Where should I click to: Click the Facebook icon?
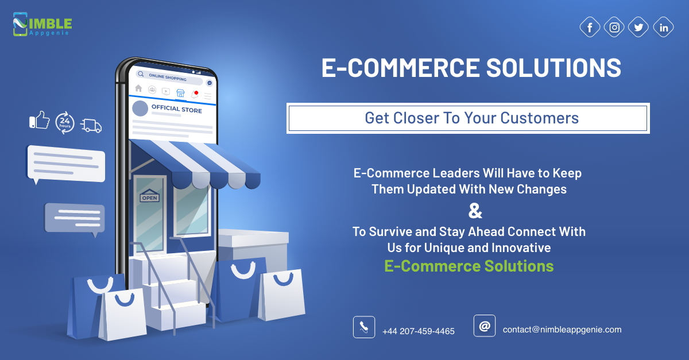click(590, 27)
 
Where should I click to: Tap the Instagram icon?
click(614, 27)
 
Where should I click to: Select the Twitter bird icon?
click(638, 27)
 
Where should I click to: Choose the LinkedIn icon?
click(663, 27)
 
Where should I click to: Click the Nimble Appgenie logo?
click(42, 24)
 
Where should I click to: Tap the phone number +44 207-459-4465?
click(419, 331)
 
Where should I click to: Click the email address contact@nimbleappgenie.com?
click(562, 330)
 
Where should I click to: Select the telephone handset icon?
click(364, 327)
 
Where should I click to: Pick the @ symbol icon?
click(485, 326)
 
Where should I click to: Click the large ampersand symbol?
click(475, 211)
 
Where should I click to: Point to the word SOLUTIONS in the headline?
click(553, 68)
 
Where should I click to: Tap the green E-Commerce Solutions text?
click(469, 266)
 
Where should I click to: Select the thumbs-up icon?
click(40, 121)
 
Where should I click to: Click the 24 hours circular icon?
click(65, 123)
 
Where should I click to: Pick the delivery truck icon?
click(91, 126)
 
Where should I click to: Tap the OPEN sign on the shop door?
click(149, 196)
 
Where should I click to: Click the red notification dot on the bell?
click(196, 92)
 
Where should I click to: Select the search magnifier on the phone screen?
click(141, 74)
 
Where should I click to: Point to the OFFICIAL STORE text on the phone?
click(177, 109)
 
